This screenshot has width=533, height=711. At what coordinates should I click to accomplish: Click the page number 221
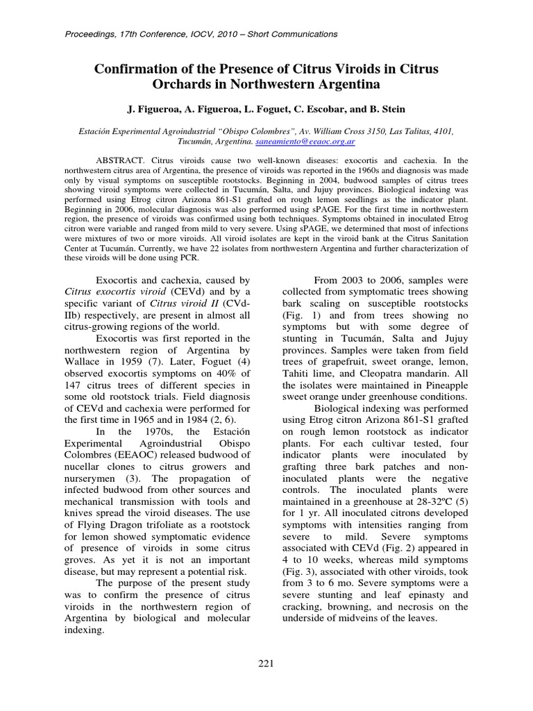click(x=266, y=664)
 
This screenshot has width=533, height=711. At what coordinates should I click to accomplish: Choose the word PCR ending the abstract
click(x=189, y=258)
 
